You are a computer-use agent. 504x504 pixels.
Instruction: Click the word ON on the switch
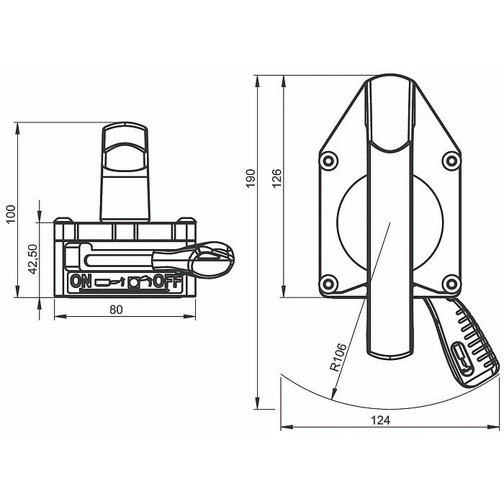81,282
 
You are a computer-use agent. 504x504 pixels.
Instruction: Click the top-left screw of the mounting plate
328,159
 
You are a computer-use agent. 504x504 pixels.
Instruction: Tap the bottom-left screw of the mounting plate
328,281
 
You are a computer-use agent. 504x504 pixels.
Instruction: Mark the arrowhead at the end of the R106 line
332,397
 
